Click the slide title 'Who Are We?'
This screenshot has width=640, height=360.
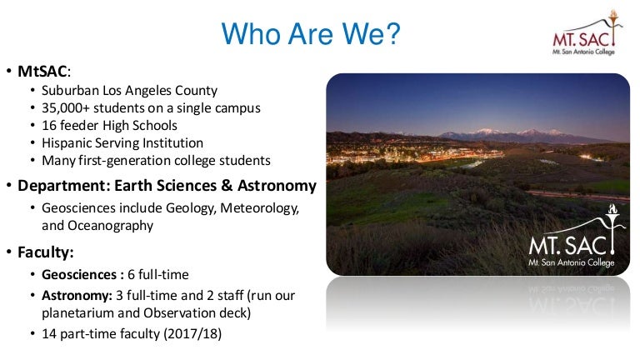click(311, 33)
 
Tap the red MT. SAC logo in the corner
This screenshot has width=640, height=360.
click(587, 32)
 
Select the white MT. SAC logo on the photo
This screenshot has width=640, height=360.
click(576, 236)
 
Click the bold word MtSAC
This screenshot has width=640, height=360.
click(42, 72)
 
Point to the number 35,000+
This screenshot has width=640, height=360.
click(65, 108)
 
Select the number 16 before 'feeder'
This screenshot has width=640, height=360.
click(49, 125)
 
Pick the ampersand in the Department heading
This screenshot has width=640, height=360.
click(227, 186)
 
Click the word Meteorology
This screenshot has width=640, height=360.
click(260, 208)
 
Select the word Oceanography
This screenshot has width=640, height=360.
click(110, 226)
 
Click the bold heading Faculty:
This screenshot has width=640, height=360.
click(45, 252)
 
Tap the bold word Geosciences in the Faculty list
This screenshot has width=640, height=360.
click(79, 275)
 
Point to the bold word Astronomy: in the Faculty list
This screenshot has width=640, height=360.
click(77, 296)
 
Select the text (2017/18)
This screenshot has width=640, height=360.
click(192, 334)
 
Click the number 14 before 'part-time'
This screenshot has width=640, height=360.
click(49, 334)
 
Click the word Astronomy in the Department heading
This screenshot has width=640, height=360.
click(277, 186)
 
